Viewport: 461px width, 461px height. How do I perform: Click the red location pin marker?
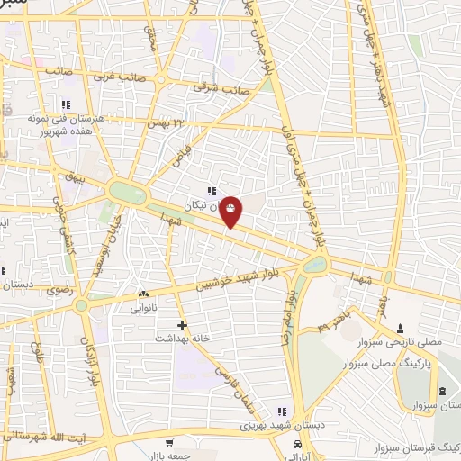click(x=231, y=211)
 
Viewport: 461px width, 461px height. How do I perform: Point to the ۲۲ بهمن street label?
click(x=170, y=122)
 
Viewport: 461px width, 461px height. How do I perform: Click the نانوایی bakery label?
click(x=144, y=307)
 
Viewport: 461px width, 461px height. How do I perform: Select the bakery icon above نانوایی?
click(x=143, y=294)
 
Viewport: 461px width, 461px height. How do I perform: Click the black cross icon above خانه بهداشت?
click(x=183, y=324)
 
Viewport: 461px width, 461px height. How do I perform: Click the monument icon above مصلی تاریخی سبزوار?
click(x=401, y=326)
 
